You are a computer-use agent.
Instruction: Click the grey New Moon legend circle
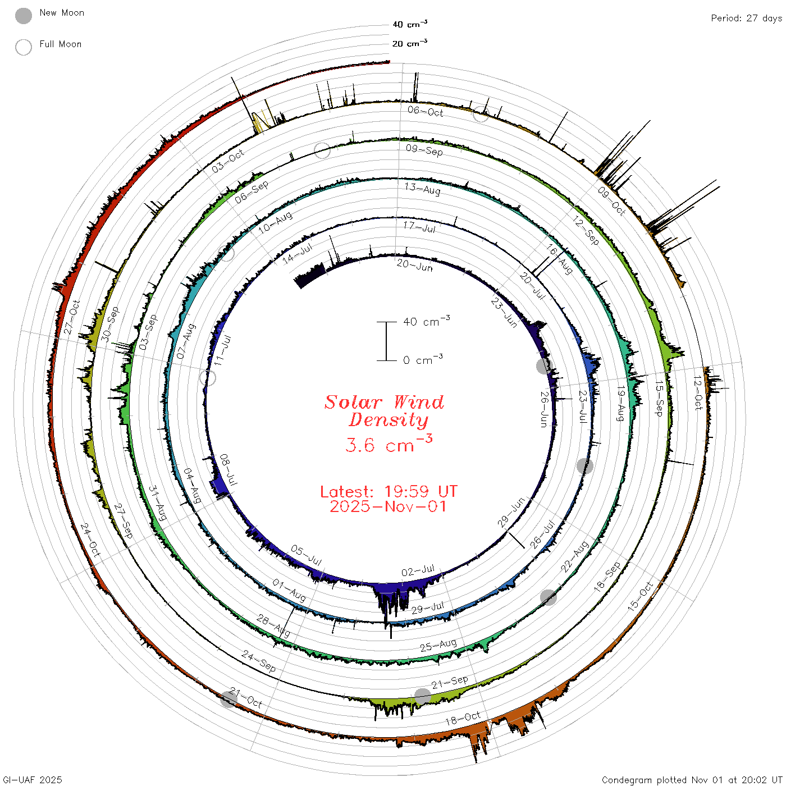point(23,16)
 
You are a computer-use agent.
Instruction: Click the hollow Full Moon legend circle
point(23,47)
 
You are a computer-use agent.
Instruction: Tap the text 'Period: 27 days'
point(746,19)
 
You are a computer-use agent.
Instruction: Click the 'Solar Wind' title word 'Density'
point(388,420)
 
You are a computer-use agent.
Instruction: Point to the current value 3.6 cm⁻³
point(389,444)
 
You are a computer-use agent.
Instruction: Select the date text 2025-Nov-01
point(388,506)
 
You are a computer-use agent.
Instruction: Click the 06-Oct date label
point(425,111)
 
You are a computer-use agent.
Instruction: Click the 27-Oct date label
point(72,317)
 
